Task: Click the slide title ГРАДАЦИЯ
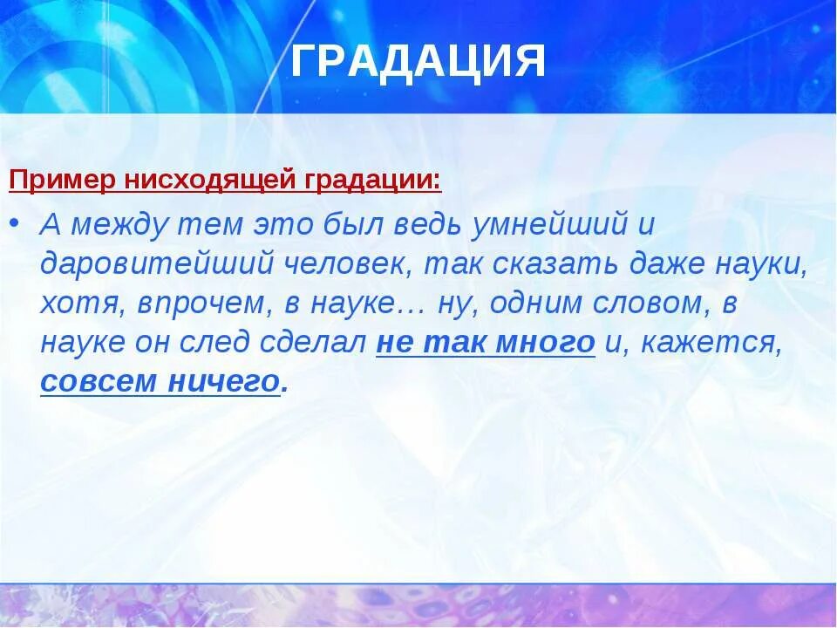pos(418,60)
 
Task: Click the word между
pos(121,226)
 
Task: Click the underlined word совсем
pos(98,382)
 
